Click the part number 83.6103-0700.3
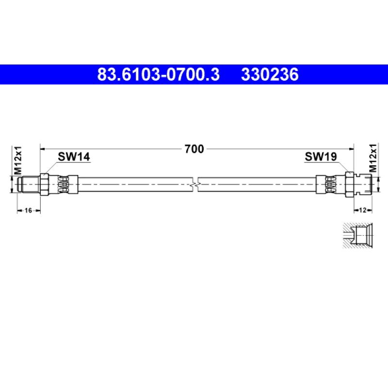click(x=159, y=75)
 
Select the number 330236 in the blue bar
click(x=270, y=75)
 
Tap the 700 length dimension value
click(x=194, y=149)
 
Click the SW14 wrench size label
click(x=74, y=157)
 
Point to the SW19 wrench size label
click(x=321, y=157)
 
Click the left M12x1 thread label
click(x=18, y=161)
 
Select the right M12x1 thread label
click(x=373, y=158)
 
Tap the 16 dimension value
click(x=29, y=210)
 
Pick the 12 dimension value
click(x=362, y=210)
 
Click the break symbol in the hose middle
click(x=195, y=185)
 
